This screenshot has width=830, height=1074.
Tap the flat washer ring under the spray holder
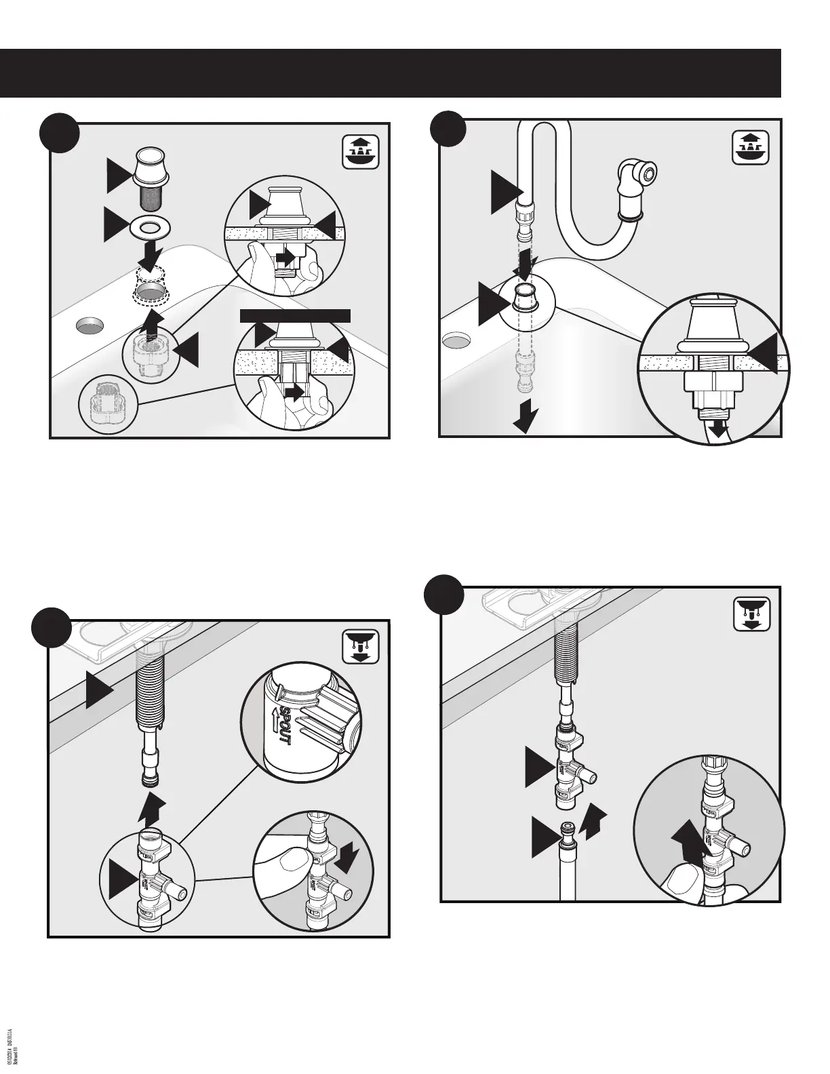pos(148,227)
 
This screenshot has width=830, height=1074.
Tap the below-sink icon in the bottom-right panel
pos(753,614)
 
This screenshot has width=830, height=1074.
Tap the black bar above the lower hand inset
pos(296,315)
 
